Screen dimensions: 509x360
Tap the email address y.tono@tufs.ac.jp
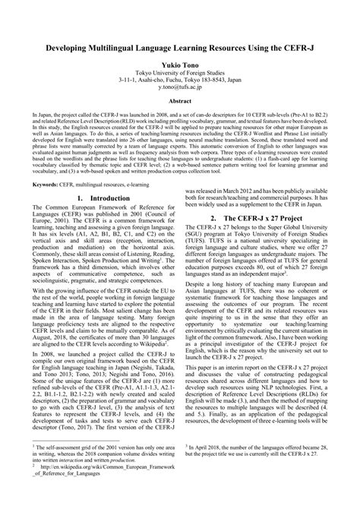pos(180,87)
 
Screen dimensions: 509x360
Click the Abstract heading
pos(180,101)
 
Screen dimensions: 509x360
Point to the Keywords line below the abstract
pos(91,184)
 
